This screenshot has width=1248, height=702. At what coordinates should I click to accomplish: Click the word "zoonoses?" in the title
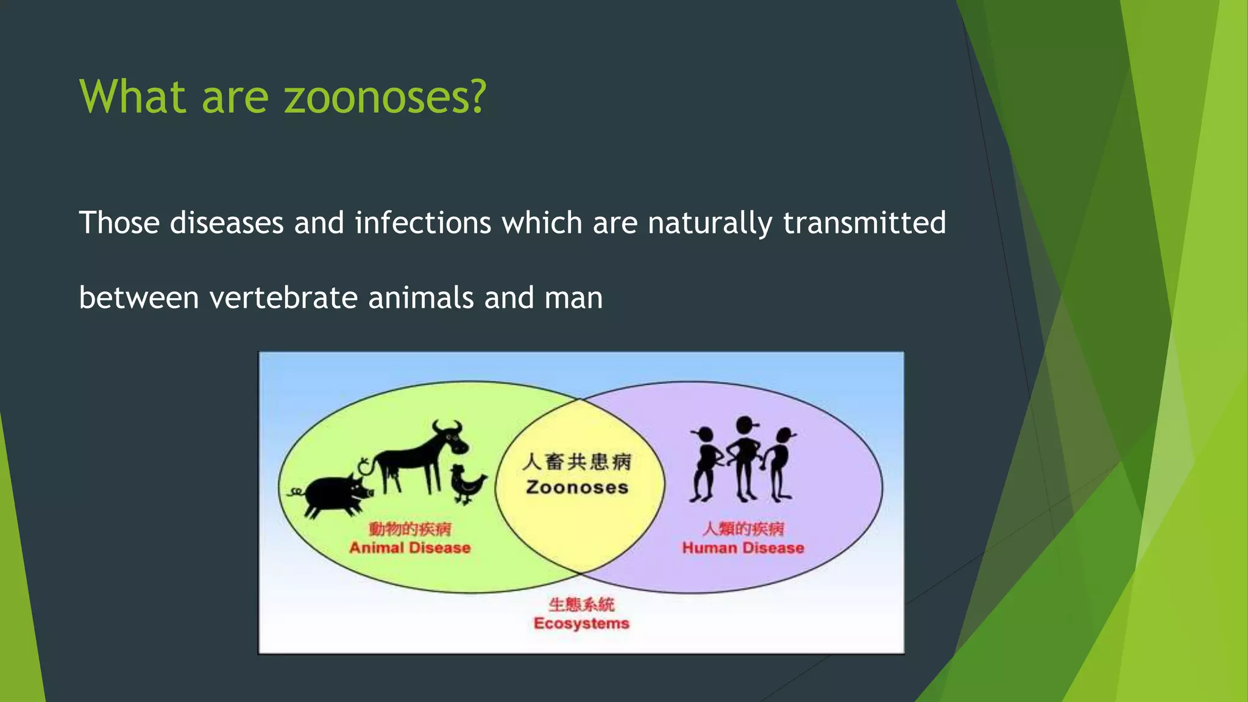(385, 97)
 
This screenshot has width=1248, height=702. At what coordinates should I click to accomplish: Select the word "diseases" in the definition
(227, 223)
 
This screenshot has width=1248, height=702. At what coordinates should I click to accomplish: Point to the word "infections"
(423, 223)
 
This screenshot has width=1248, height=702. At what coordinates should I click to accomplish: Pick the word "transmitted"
(864, 223)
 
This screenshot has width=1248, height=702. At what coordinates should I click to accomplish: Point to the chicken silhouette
(467, 484)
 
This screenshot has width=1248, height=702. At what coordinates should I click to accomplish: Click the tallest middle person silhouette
(744, 457)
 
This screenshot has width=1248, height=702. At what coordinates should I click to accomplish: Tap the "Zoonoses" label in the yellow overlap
(577, 487)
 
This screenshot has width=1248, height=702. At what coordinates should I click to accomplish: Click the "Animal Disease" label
(409, 548)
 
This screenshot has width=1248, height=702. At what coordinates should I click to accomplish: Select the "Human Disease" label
(743, 548)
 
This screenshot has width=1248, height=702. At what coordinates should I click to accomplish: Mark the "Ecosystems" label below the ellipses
(581, 623)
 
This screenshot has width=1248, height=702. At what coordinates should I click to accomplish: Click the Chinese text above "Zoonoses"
(577, 462)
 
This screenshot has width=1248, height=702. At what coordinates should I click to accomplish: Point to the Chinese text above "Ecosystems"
(581, 604)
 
